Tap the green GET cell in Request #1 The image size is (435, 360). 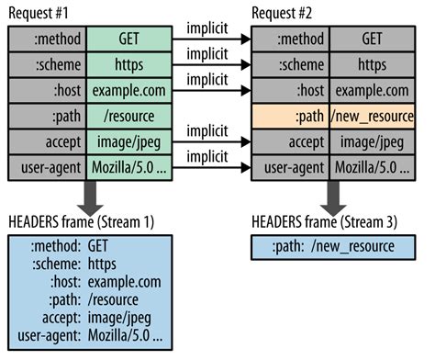(x=129, y=39)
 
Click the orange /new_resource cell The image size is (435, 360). (x=374, y=118)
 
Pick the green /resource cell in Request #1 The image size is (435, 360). (x=129, y=118)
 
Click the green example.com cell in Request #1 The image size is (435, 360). (x=129, y=92)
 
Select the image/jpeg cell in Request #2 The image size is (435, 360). (x=374, y=143)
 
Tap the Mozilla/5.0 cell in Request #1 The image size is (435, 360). (x=129, y=169)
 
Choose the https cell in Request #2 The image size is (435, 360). (x=374, y=66)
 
